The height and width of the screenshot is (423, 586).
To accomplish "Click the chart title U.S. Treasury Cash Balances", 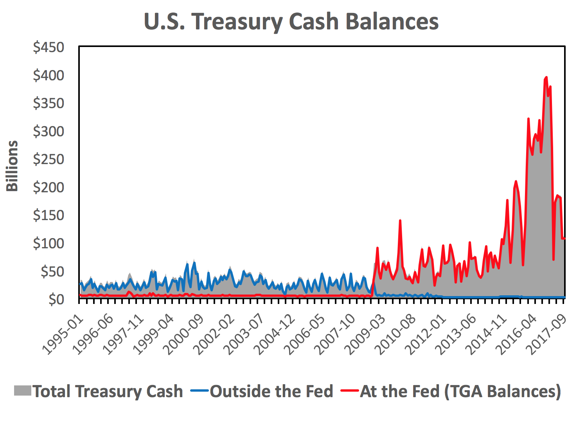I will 291,22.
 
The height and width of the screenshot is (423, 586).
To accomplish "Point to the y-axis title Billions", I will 12,166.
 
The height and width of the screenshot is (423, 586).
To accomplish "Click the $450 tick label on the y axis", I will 49,47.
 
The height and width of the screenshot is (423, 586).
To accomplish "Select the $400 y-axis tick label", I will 49,75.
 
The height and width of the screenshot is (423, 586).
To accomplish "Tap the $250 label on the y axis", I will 49,159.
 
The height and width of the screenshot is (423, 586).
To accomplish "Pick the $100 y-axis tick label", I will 49,244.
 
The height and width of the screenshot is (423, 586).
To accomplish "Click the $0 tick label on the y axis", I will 56,299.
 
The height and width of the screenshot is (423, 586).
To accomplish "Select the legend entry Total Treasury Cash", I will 108,391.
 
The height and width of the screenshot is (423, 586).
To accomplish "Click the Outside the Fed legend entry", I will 271,391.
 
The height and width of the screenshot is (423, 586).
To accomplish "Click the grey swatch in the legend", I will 22,391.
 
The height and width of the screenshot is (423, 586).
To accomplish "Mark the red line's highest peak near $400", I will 546,78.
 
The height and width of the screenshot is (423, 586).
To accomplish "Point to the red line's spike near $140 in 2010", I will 400,221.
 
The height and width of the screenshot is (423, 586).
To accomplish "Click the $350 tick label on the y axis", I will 49,103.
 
